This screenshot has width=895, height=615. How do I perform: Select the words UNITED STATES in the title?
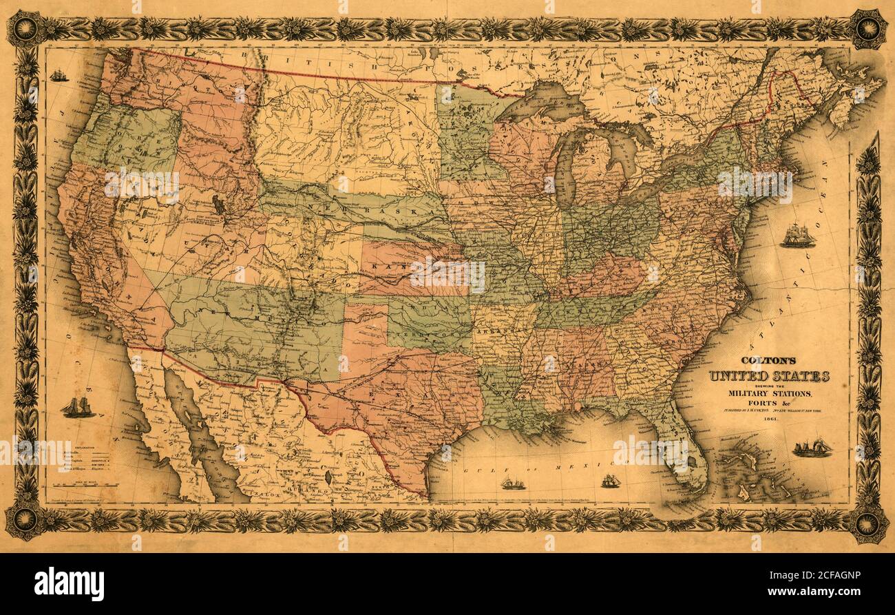coord(769,376)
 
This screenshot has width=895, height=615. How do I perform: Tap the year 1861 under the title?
coord(770,427)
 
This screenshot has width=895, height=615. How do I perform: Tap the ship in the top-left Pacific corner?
coord(59,75)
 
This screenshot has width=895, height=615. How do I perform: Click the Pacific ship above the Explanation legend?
coord(78,407)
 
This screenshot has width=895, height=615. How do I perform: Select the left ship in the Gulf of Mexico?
coord(512,483)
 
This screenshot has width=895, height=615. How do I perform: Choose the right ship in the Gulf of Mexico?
coord(610,481)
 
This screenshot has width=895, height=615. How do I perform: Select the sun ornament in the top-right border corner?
coord(867,29)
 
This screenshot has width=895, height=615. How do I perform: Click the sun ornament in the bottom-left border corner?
coord(25,520)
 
